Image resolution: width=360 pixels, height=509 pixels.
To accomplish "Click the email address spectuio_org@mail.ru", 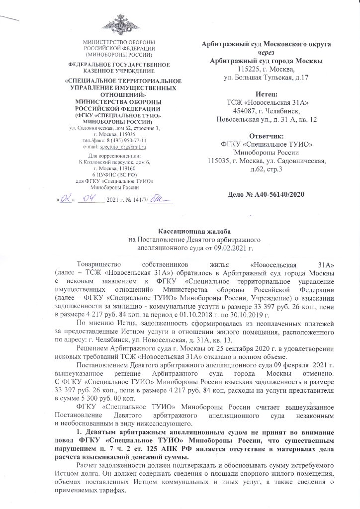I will pyautogui.click(x=127, y=147).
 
